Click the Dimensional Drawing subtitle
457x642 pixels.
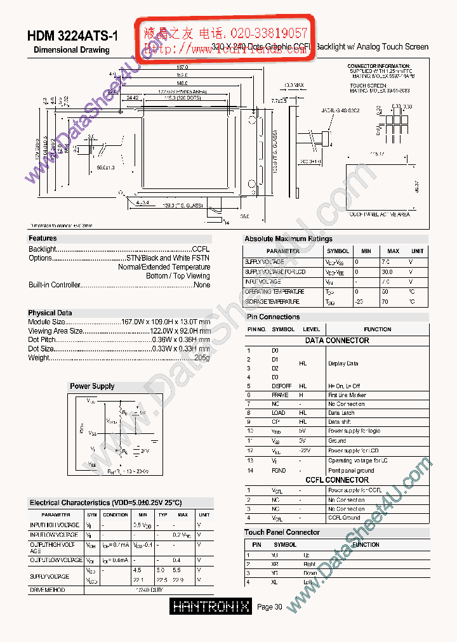[71, 49]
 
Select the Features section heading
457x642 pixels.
[43, 238]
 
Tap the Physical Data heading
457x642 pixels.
[50, 313]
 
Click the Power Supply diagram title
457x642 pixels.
[92, 386]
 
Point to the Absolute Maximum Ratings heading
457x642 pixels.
[288, 239]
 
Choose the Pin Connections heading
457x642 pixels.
[273, 317]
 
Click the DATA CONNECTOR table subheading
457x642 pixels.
[337, 341]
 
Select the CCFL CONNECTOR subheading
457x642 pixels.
[337, 480]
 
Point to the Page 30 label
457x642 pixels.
[269, 607]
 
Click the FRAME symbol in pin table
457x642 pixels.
[280, 395]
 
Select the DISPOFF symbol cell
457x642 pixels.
[281, 386]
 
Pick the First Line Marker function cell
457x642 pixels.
[347, 395]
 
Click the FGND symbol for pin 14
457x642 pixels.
[279, 471]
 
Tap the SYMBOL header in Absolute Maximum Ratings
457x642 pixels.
[338, 251]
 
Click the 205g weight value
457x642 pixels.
[202, 357]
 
